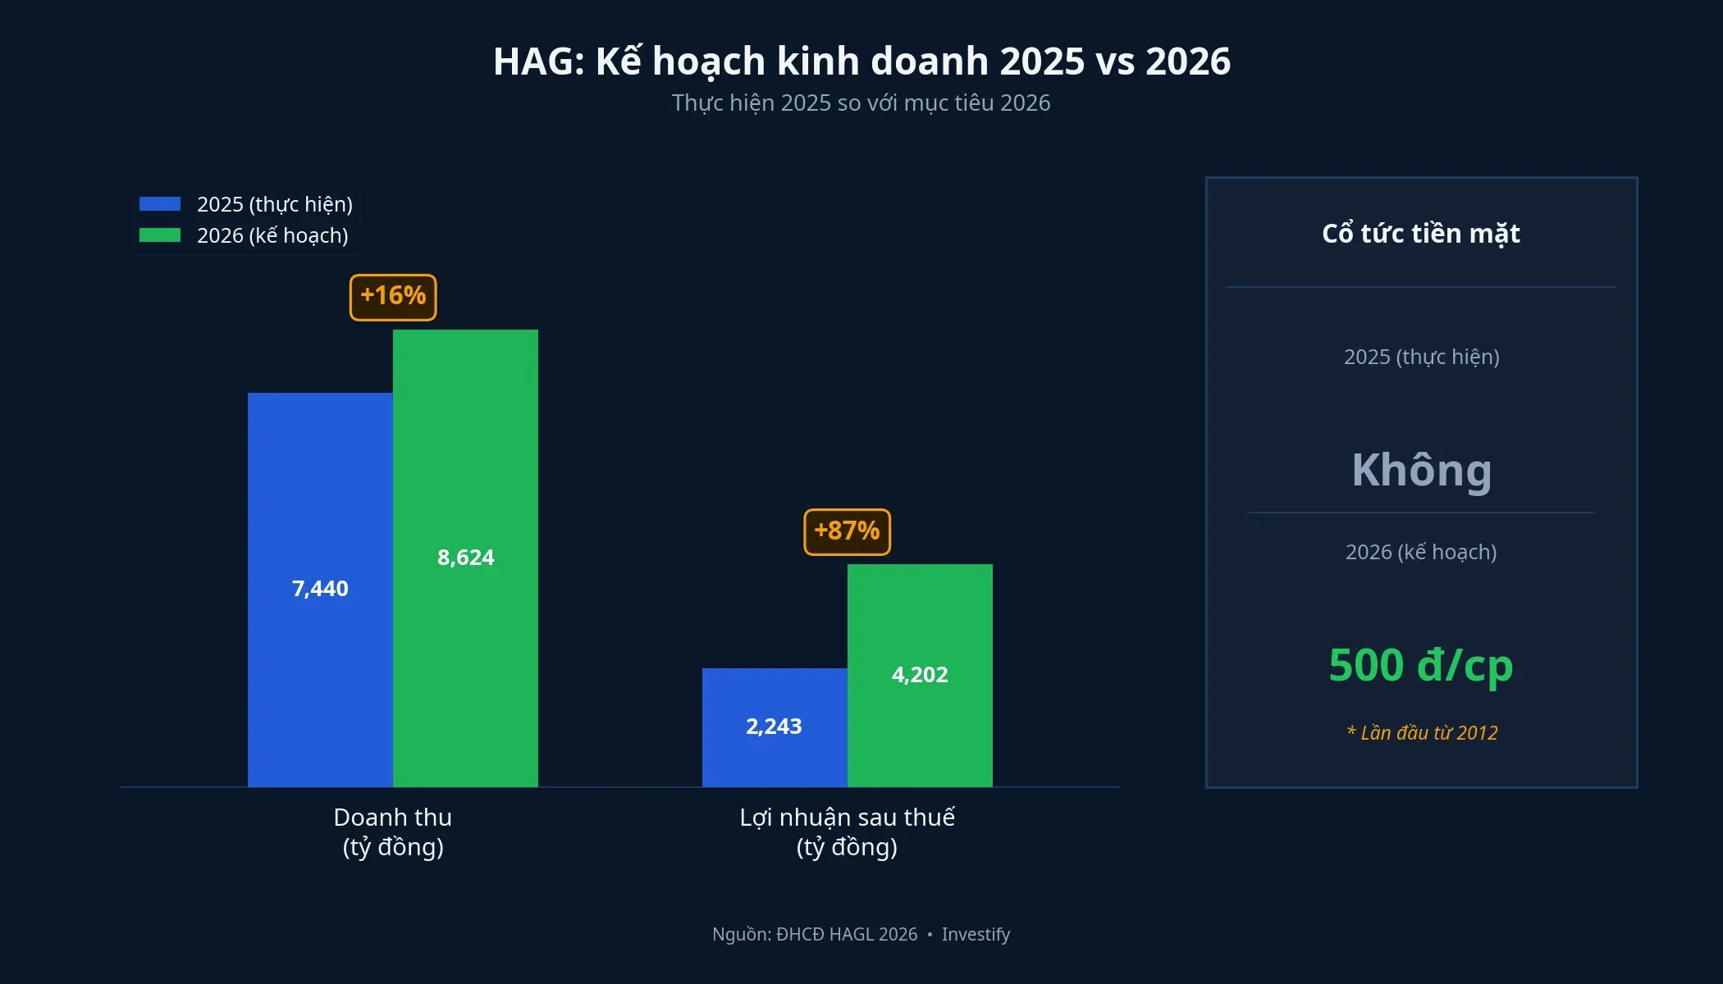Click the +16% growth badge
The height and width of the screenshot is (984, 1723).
tap(393, 297)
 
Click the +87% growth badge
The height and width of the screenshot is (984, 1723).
tap(847, 531)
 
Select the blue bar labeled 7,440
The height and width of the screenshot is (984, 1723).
tap(320, 589)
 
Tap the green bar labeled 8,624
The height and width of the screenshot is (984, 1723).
tap(465, 558)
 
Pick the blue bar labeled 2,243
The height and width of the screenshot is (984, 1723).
tap(774, 727)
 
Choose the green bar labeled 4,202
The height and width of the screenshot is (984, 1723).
tap(920, 675)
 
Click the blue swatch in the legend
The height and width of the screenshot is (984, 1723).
tap(160, 204)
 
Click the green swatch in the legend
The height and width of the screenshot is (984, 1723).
tap(160, 235)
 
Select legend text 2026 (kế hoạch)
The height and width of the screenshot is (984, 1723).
tap(272, 235)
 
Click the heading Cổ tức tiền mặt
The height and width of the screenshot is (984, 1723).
tap(1421, 234)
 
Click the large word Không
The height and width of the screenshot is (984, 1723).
tap(1421, 470)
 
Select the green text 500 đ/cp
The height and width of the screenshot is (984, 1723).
tap(1421, 665)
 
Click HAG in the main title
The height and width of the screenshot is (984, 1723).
tap(537, 61)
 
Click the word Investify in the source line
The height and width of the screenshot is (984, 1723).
tap(976, 934)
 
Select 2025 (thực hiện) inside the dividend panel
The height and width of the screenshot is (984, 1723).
tap(1421, 357)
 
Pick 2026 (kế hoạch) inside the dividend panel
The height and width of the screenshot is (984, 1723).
tap(1421, 552)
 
